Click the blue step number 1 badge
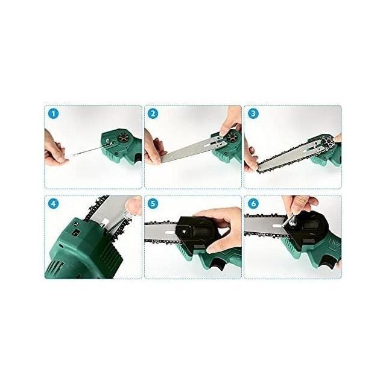click(x=54, y=114)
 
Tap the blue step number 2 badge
click(x=153, y=114)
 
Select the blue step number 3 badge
click(x=253, y=114)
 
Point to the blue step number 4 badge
click(x=54, y=204)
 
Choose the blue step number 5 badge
click(x=153, y=204)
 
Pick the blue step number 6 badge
click(x=253, y=204)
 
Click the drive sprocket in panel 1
click(x=122, y=139)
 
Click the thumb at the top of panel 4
click(x=133, y=204)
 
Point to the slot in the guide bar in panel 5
click(x=169, y=232)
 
